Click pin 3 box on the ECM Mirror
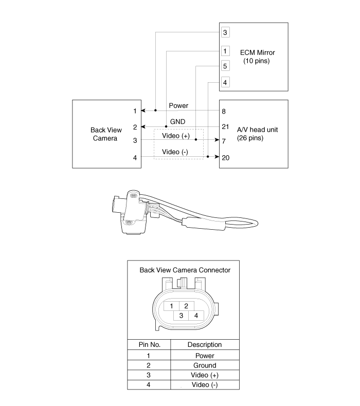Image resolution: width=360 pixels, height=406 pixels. tap(225, 32)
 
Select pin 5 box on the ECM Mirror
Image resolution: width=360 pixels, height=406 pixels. tap(225, 66)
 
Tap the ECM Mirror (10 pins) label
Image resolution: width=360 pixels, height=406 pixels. tap(257, 57)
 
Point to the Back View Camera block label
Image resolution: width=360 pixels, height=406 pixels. tap(106, 134)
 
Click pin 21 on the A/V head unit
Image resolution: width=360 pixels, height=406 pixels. tap(225, 126)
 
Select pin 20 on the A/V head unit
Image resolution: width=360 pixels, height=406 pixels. tap(225, 158)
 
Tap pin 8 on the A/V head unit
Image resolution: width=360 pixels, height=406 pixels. tap(224, 112)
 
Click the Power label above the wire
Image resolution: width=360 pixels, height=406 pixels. tap(178, 106)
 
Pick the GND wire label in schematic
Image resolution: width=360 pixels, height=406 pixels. tap(177, 122)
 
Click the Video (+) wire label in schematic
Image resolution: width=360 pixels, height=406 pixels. tap(176, 136)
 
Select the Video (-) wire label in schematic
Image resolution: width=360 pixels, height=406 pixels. tap(175, 152)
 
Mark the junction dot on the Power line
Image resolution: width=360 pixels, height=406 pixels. tap(155, 110)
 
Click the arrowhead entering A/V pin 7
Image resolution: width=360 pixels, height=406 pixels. tap(217, 140)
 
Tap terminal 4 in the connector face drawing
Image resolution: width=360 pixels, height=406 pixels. tap(196, 316)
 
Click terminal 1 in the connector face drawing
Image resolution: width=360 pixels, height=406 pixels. tap(171, 306)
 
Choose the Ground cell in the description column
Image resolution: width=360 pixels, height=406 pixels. tap(205, 365)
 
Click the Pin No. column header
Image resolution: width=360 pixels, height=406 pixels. tap(149, 345)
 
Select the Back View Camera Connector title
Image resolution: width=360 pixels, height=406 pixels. tap(185, 270)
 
